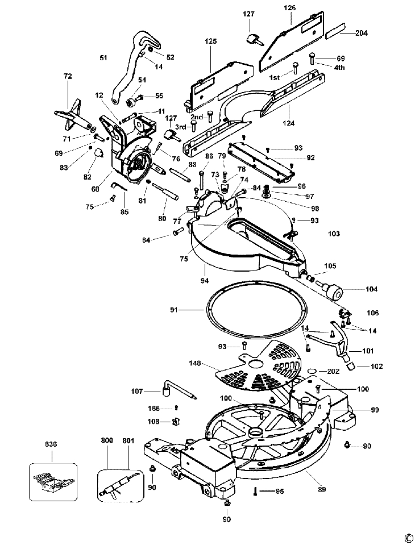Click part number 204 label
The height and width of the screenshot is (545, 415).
(361, 33)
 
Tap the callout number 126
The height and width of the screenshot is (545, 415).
(289, 7)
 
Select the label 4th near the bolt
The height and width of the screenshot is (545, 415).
(339, 68)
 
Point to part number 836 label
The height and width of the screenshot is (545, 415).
(51, 444)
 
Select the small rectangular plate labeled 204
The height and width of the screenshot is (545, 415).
(337, 30)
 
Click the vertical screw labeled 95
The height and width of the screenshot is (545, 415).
(255, 491)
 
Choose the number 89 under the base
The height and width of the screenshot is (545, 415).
(322, 489)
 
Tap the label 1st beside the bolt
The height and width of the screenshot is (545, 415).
(274, 77)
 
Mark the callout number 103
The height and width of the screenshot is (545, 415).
(334, 234)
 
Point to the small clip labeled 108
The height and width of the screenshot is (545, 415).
(175, 421)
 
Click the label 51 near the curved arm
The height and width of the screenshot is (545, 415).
(103, 58)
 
